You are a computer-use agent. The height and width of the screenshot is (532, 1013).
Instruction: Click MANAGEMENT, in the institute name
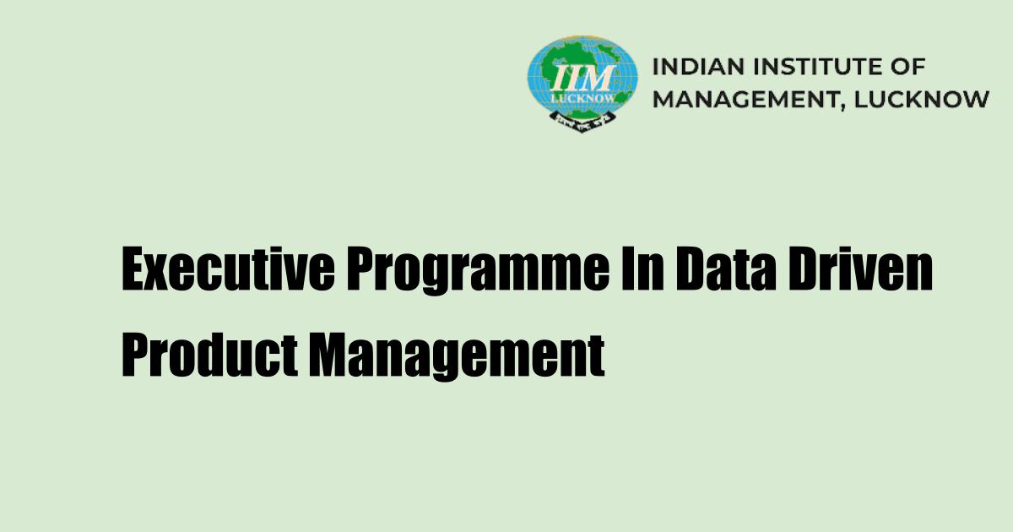coord(751,99)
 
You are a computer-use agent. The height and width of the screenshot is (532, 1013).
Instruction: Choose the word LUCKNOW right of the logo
coord(923,99)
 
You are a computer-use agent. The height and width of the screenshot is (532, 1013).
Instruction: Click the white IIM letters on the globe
coord(582,79)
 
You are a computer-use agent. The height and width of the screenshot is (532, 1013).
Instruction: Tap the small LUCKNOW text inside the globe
coord(582,97)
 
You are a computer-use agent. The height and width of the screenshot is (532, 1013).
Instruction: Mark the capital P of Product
coord(136,356)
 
